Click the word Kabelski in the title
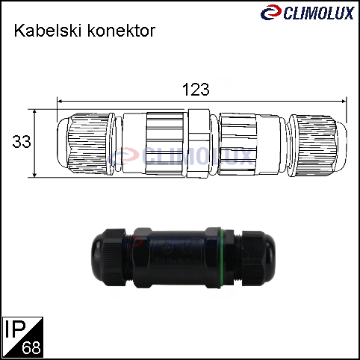[48, 31]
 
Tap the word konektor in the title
[122, 31]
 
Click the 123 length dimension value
[196, 90]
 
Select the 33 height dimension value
[22, 142]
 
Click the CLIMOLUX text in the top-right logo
[319, 13]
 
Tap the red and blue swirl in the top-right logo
[271, 12]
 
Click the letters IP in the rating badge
[16, 329]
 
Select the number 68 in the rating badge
[31, 347]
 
